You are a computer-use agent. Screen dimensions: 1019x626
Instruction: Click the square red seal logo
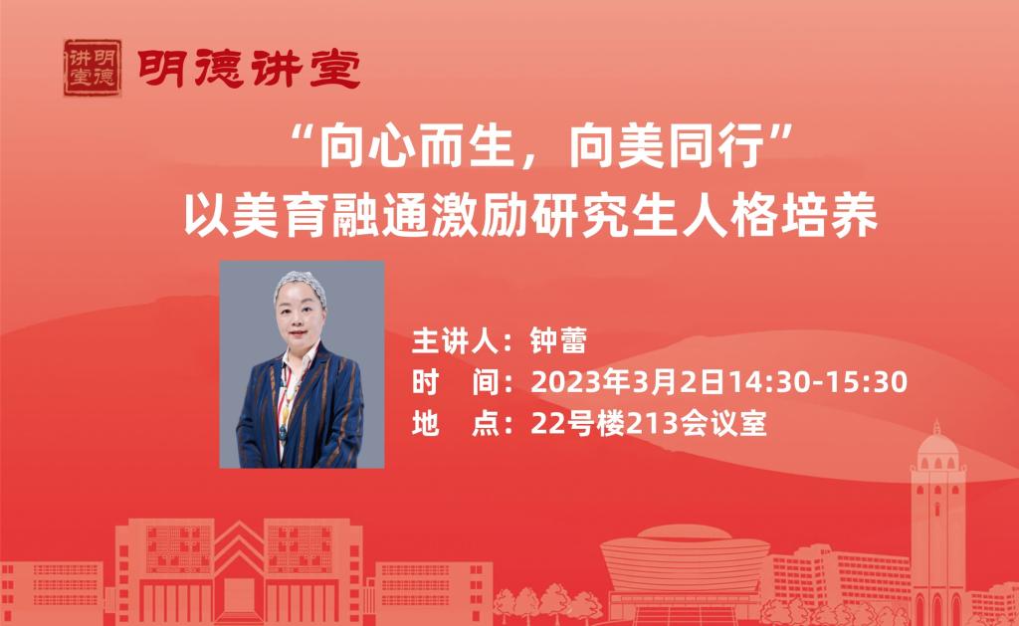click(x=93, y=68)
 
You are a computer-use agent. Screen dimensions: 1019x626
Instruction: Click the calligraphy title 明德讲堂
click(x=249, y=69)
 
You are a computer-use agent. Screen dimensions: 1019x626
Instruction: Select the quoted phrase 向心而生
click(x=415, y=146)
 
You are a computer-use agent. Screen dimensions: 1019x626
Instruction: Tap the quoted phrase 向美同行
click(x=667, y=146)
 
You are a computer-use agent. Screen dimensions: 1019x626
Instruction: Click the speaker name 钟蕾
click(x=558, y=340)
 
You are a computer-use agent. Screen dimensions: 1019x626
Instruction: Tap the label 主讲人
click(x=455, y=340)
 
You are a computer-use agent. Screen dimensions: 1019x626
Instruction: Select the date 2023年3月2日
click(x=627, y=381)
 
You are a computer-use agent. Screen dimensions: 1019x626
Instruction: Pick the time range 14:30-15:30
click(x=816, y=381)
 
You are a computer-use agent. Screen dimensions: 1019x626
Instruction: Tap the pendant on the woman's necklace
click(x=283, y=430)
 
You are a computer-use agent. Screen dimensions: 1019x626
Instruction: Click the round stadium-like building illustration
click(x=685, y=564)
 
